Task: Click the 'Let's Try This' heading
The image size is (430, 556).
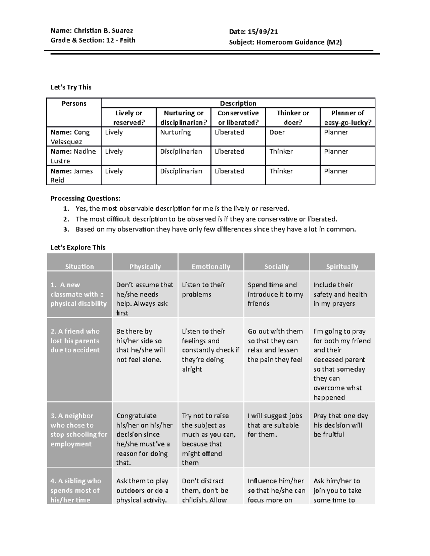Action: tap(71, 87)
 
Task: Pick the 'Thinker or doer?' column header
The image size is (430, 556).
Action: tap(292, 117)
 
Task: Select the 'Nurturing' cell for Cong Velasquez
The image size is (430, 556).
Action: tap(175, 132)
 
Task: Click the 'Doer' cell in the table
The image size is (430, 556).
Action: tap(277, 132)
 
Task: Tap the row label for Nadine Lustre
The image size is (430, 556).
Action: tap(73, 156)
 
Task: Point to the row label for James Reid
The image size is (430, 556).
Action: tap(71, 175)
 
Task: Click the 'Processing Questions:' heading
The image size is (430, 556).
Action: tap(85, 198)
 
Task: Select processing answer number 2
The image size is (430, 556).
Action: tap(206, 219)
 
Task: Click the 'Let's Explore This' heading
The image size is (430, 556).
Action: tap(78, 247)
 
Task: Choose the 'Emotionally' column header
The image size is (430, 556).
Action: tap(211, 266)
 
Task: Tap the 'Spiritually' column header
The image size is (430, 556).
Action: tap(342, 266)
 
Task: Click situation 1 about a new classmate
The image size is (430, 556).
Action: tap(78, 294)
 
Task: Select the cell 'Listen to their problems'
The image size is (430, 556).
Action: tap(203, 290)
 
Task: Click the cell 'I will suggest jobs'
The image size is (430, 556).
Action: tap(275, 425)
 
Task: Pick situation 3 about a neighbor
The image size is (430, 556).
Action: tap(78, 430)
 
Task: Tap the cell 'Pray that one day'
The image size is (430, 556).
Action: tap(340, 425)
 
